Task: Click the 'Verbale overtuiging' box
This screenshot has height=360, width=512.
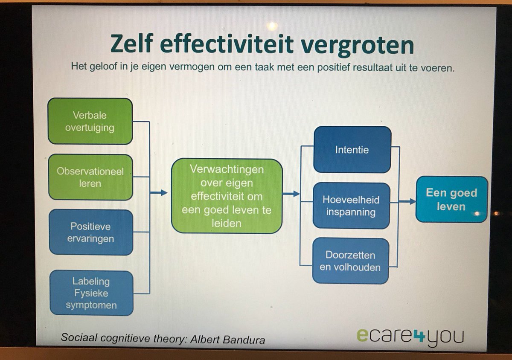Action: pyautogui.click(x=90, y=121)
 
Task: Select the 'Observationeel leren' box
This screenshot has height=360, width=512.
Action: pyautogui.click(x=90, y=177)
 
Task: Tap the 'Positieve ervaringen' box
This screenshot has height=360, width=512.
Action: pyautogui.click(x=91, y=232)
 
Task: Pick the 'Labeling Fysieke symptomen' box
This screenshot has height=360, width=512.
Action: pyautogui.click(x=91, y=293)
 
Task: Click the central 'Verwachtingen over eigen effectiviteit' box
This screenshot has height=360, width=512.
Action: pyautogui.click(x=227, y=196)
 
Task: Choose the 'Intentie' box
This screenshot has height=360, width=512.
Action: pyautogui.click(x=352, y=150)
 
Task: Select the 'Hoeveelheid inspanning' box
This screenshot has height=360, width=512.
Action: pyautogui.click(x=351, y=206)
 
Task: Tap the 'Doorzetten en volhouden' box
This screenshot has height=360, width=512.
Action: pyautogui.click(x=350, y=261)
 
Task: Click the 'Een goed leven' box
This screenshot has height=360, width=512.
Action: pyautogui.click(x=451, y=199)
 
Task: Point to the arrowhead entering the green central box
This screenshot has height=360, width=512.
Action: pyautogui.click(x=164, y=193)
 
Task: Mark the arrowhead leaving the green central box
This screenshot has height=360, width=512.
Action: pyautogui.click(x=297, y=194)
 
